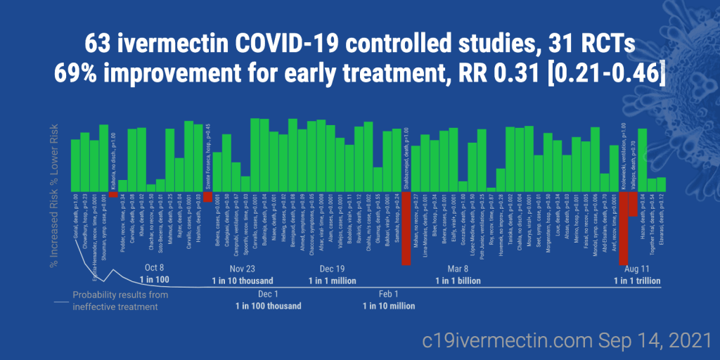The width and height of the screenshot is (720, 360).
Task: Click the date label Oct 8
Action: pyautogui.click(x=154, y=268)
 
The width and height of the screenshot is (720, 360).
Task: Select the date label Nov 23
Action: pyautogui.click(x=243, y=269)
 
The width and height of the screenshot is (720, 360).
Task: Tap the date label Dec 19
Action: pyautogui.click(x=332, y=269)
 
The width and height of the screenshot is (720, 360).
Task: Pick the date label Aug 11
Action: pyautogui.click(x=637, y=269)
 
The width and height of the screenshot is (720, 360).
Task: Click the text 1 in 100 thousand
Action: pyautogui.click(x=269, y=306)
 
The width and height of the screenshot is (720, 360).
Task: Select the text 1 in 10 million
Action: pyautogui.click(x=388, y=306)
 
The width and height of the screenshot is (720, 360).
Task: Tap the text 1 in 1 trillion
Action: pyautogui.click(x=637, y=281)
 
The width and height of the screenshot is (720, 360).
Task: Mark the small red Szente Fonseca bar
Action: pyautogui.click(x=207, y=198)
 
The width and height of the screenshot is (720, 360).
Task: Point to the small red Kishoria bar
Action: pyautogui.click(x=113, y=195)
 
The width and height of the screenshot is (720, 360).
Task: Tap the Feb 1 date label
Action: pyautogui.click(x=388, y=294)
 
